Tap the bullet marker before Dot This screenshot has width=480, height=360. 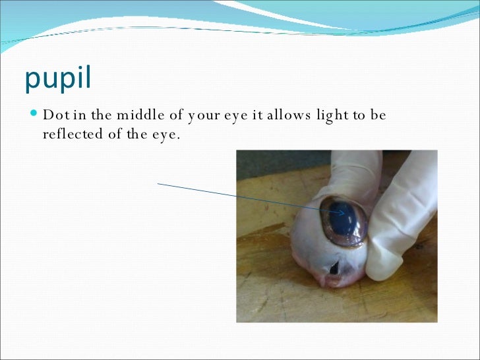pos(34,115)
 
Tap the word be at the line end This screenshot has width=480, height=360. pos(378,115)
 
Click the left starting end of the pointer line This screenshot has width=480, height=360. pos(158,184)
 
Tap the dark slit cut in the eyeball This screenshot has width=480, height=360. pos(334,267)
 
